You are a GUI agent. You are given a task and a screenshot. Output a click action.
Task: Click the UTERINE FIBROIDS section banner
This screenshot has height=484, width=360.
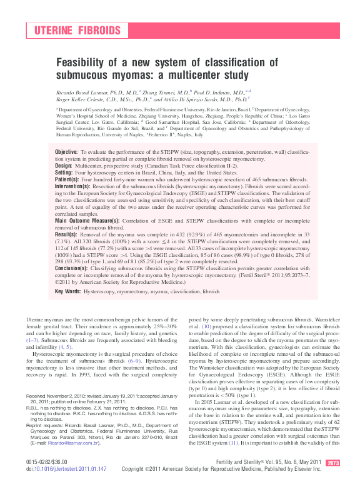click(x=76, y=31)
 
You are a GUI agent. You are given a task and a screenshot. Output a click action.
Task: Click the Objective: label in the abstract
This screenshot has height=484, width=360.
click(x=66, y=153)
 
